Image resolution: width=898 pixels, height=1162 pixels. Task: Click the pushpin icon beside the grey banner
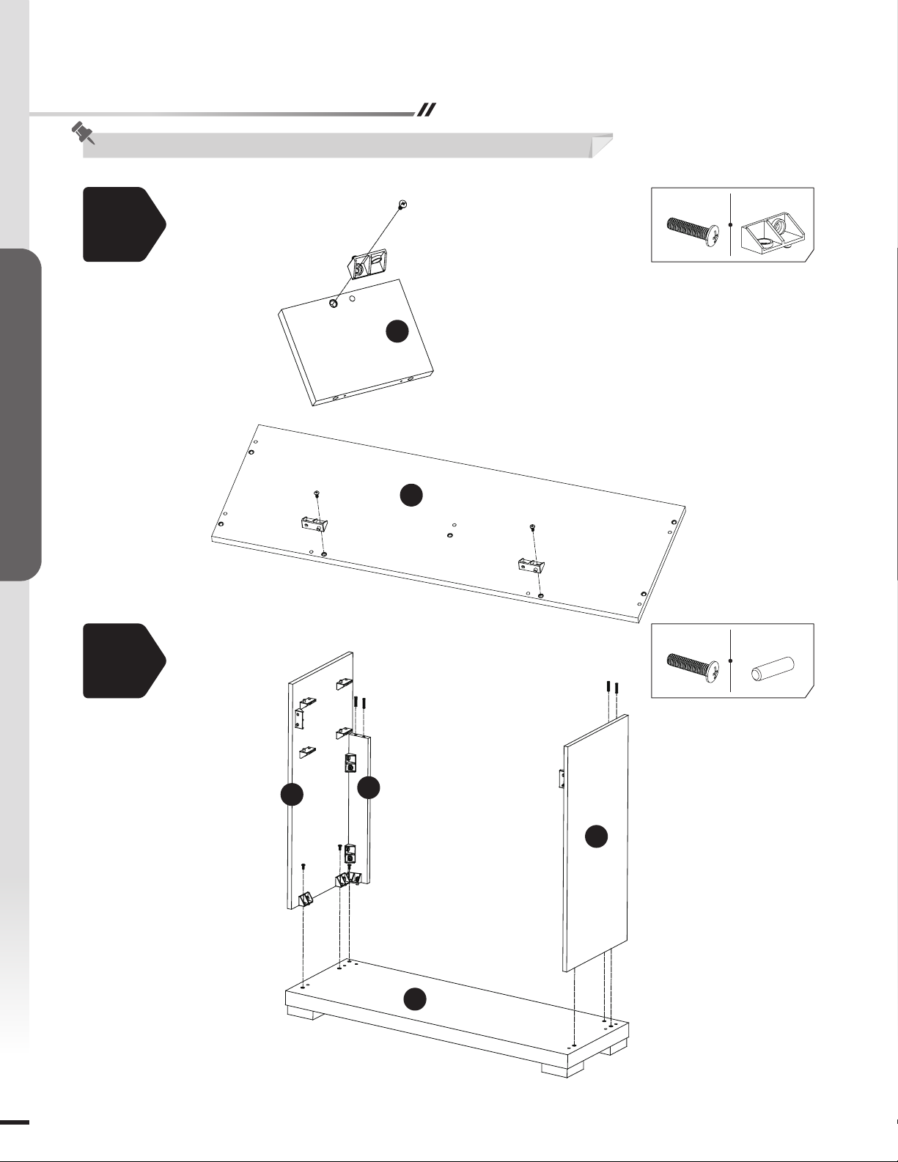click(83, 133)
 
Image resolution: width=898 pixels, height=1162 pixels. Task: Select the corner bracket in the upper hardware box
click(772, 234)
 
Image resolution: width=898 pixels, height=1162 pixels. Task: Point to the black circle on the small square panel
click(397, 331)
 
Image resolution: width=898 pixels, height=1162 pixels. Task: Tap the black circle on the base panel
click(415, 999)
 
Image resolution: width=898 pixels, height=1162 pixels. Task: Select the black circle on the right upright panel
click(596, 836)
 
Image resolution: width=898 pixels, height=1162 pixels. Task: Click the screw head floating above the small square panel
click(402, 203)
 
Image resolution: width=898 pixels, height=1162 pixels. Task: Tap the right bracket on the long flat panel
click(530, 564)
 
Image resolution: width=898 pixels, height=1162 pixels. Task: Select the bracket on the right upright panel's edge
click(561, 779)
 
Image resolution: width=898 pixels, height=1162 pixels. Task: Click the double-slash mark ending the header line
click(426, 110)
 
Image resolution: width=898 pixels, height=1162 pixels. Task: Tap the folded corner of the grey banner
click(601, 146)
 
